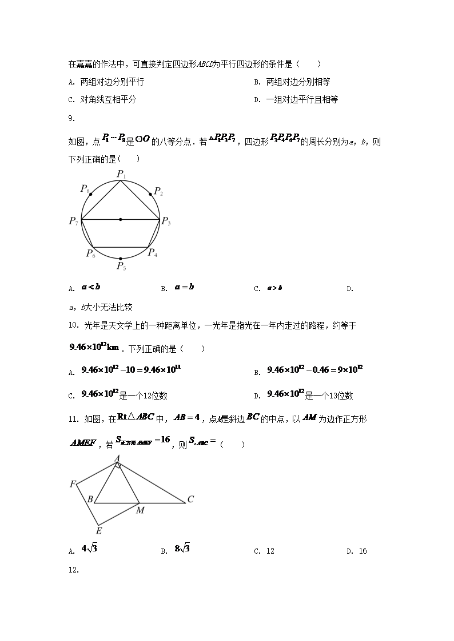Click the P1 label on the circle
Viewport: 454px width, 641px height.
pos(121,174)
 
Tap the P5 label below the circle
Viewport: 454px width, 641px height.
pos(121,266)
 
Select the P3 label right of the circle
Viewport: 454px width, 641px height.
pos(166,221)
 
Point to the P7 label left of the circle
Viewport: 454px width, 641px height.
pos(74,221)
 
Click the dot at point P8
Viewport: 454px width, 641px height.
pos(91,194)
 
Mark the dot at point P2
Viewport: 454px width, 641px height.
pos(151,194)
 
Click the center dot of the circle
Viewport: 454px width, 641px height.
pos(121,219)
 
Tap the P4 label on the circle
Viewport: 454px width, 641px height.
pos(153,253)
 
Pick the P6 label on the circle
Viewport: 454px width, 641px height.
pos(90,253)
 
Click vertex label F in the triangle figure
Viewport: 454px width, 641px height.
pos(73,485)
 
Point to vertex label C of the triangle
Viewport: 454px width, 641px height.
pos(190,499)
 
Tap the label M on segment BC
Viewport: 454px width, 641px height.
pos(140,510)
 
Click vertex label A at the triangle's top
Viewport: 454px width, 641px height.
pos(117,458)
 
